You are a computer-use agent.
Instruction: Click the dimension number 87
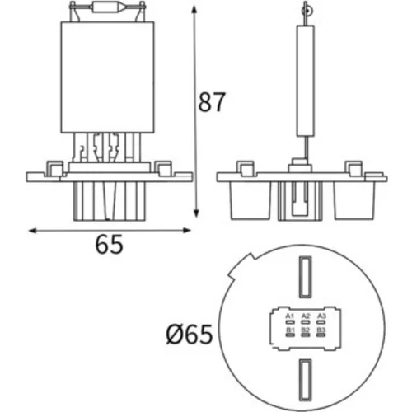pyautogui.click(x=212, y=102)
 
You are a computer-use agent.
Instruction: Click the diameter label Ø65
pyautogui.click(x=190, y=335)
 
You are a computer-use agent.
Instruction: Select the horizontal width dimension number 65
pyautogui.click(x=109, y=244)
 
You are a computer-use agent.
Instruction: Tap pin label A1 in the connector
pyautogui.click(x=290, y=316)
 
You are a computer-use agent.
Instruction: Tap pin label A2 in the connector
pyautogui.click(x=306, y=316)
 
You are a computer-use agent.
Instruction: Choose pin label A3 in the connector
pyautogui.click(x=321, y=316)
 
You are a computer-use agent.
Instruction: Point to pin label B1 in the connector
pyautogui.click(x=290, y=330)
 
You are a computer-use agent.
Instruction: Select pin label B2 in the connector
pyautogui.click(x=306, y=330)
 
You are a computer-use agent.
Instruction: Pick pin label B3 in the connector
pyautogui.click(x=321, y=330)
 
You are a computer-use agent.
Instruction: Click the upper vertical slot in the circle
pyautogui.click(x=305, y=277)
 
